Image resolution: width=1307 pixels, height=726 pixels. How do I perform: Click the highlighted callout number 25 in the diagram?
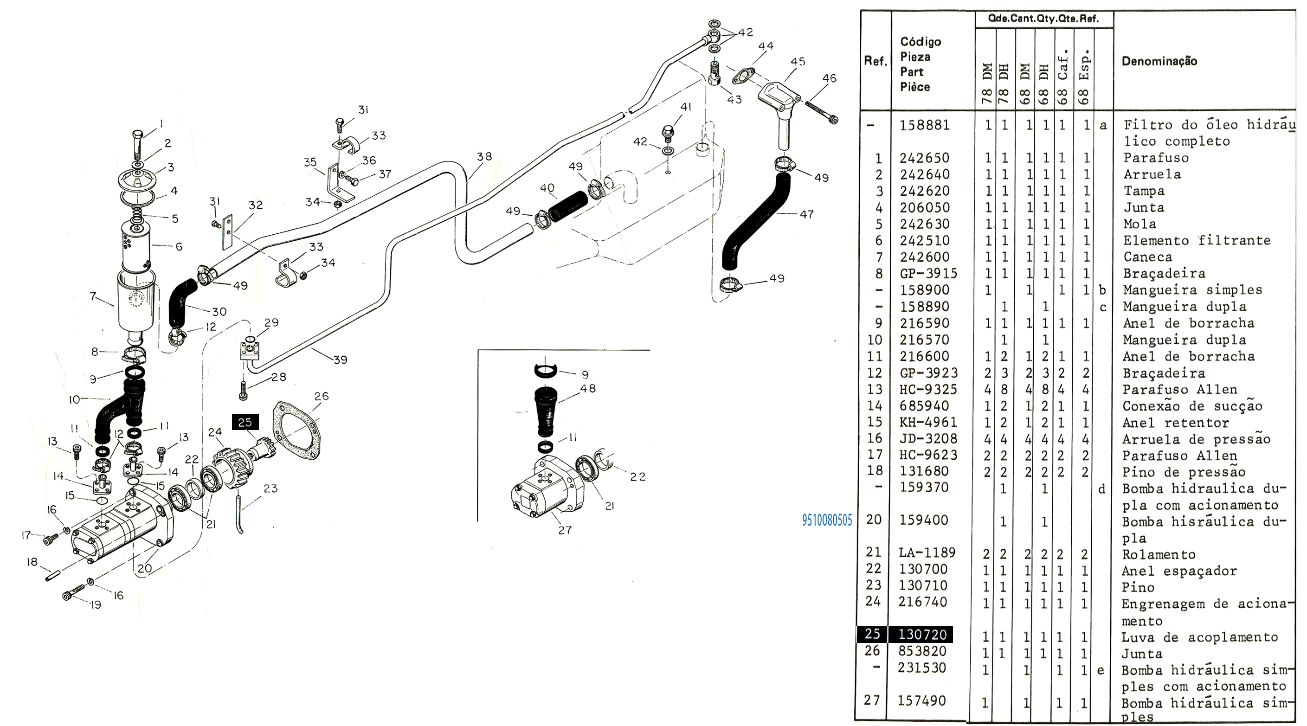245,422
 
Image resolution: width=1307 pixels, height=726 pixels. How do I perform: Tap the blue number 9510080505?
826,520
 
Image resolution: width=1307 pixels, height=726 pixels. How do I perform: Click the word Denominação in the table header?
1159,61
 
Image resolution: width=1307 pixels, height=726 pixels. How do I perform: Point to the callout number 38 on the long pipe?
484,157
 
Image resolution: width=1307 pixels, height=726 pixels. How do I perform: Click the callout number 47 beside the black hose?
806,215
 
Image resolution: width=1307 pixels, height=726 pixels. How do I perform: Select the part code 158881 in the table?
924,125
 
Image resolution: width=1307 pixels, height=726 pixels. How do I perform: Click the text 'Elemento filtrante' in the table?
1197,240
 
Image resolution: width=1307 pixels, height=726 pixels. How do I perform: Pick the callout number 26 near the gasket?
321,396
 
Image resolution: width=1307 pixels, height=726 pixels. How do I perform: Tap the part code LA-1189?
927,553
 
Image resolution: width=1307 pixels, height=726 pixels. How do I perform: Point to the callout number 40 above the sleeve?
547,188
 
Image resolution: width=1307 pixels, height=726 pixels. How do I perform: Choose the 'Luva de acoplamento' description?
1199,638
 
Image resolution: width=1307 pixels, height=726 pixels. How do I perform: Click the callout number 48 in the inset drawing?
587,389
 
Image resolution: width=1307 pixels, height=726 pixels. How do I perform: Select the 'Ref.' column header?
875,61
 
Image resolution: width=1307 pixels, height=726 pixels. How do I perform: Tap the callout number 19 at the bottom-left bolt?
96,605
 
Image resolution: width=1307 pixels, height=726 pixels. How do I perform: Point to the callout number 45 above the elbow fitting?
798,62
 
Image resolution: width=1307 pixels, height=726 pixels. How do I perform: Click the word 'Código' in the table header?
921,42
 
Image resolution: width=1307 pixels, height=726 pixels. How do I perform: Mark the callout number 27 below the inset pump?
565,530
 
